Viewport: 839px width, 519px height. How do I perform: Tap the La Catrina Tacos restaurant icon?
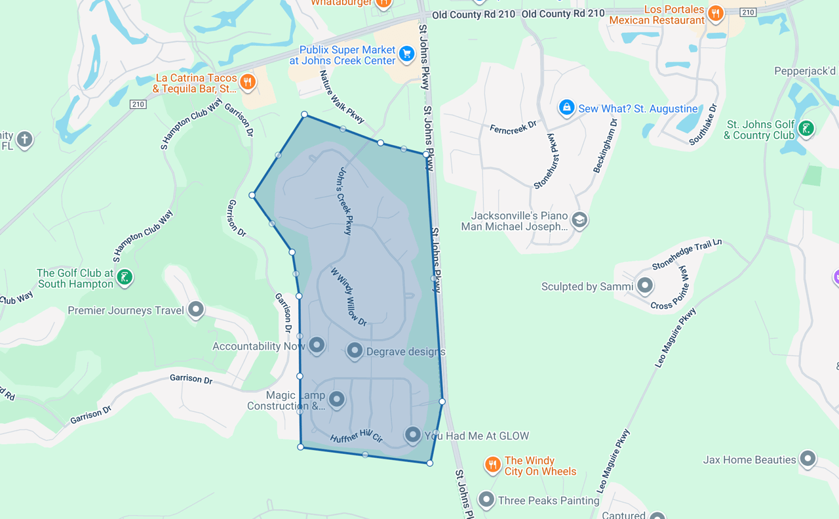coord(247,82)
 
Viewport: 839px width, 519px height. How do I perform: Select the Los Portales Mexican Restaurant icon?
coord(716,12)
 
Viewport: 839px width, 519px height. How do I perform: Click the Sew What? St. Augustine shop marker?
coord(566,107)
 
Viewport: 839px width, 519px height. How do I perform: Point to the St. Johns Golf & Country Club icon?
coord(806,128)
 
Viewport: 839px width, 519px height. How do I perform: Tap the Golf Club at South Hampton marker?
coord(125,277)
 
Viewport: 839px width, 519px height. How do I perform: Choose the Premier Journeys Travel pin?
coord(195,309)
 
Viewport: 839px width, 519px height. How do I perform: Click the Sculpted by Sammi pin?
coord(645,285)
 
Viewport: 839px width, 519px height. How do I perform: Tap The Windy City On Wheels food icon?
coord(492,465)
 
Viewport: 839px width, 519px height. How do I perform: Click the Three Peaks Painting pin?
coord(486,499)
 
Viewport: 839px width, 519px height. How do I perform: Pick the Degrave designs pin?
coord(355,350)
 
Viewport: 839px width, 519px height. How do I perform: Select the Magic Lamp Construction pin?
coord(336,398)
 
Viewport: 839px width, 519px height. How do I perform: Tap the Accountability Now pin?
coord(317,344)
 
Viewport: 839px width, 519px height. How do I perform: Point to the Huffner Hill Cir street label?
coord(356,436)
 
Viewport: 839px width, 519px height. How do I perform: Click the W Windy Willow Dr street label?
coord(348,296)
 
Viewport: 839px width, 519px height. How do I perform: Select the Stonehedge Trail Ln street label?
coord(686,255)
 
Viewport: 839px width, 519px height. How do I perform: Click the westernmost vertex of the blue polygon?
coord(252,195)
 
